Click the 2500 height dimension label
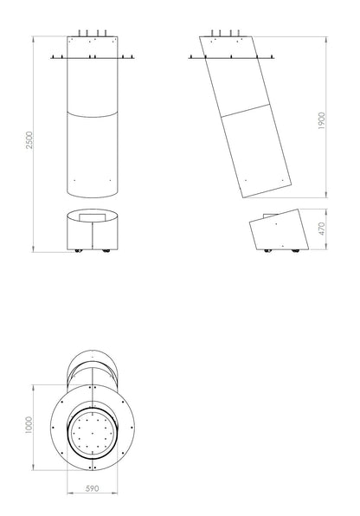click(29, 140)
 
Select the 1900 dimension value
click(322, 120)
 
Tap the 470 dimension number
click(322, 229)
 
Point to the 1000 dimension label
click(29, 425)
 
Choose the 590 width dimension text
click(92, 488)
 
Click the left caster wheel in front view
click(78, 251)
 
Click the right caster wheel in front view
click(106, 251)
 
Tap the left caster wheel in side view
click(268, 251)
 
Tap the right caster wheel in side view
click(295, 251)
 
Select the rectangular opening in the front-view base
click(93, 217)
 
